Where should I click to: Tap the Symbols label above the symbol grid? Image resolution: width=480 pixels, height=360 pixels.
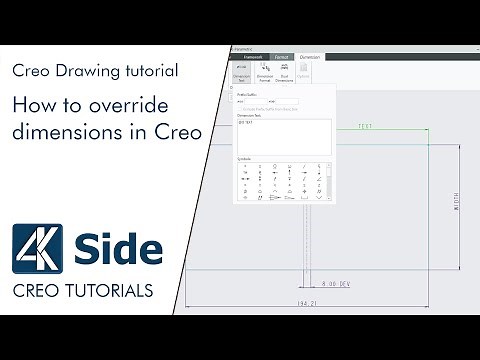click(x=245, y=159)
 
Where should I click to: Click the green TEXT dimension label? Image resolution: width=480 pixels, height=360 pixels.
click(x=365, y=127)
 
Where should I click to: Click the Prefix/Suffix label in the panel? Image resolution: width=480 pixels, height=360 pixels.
click(x=249, y=94)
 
